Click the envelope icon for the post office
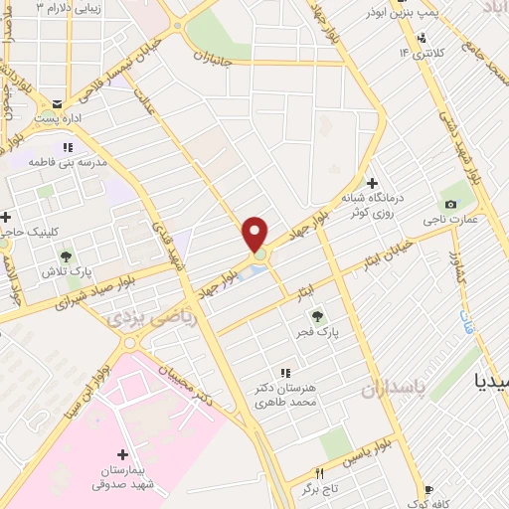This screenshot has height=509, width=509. tap(59, 104)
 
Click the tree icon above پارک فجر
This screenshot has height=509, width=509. tap(305, 316)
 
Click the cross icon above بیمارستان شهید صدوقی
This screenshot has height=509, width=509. tap(121, 453)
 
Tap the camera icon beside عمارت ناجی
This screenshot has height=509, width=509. tap(451, 205)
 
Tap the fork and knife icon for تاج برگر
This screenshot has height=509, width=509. tap(319, 473)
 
